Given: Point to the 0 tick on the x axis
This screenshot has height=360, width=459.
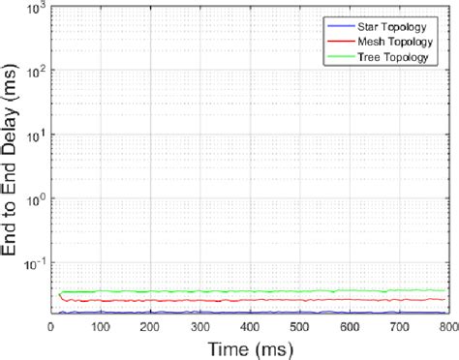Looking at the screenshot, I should point(51,327).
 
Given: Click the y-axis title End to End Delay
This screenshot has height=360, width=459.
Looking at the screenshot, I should point(13,161).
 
